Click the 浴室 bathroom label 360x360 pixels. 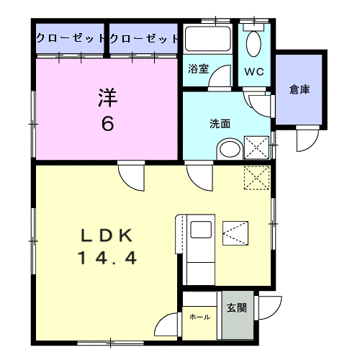199,69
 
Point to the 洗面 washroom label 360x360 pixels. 220,123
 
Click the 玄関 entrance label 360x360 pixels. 237,308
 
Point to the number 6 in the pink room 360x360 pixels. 107,123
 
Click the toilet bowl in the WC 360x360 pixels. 254,45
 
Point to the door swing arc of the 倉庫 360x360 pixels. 306,138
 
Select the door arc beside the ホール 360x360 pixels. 168,325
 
